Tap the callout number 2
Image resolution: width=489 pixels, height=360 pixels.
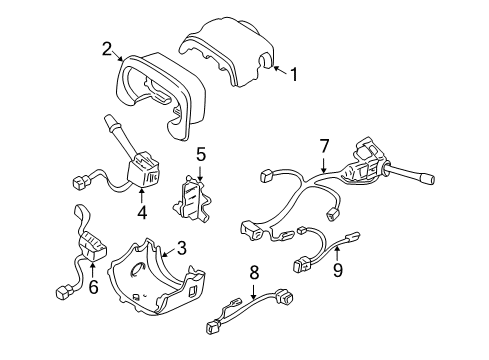point(105,47)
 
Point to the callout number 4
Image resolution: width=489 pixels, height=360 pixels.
point(142,211)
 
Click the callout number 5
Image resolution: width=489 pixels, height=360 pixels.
point(200,154)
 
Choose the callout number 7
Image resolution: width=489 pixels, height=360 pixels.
point(323,147)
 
